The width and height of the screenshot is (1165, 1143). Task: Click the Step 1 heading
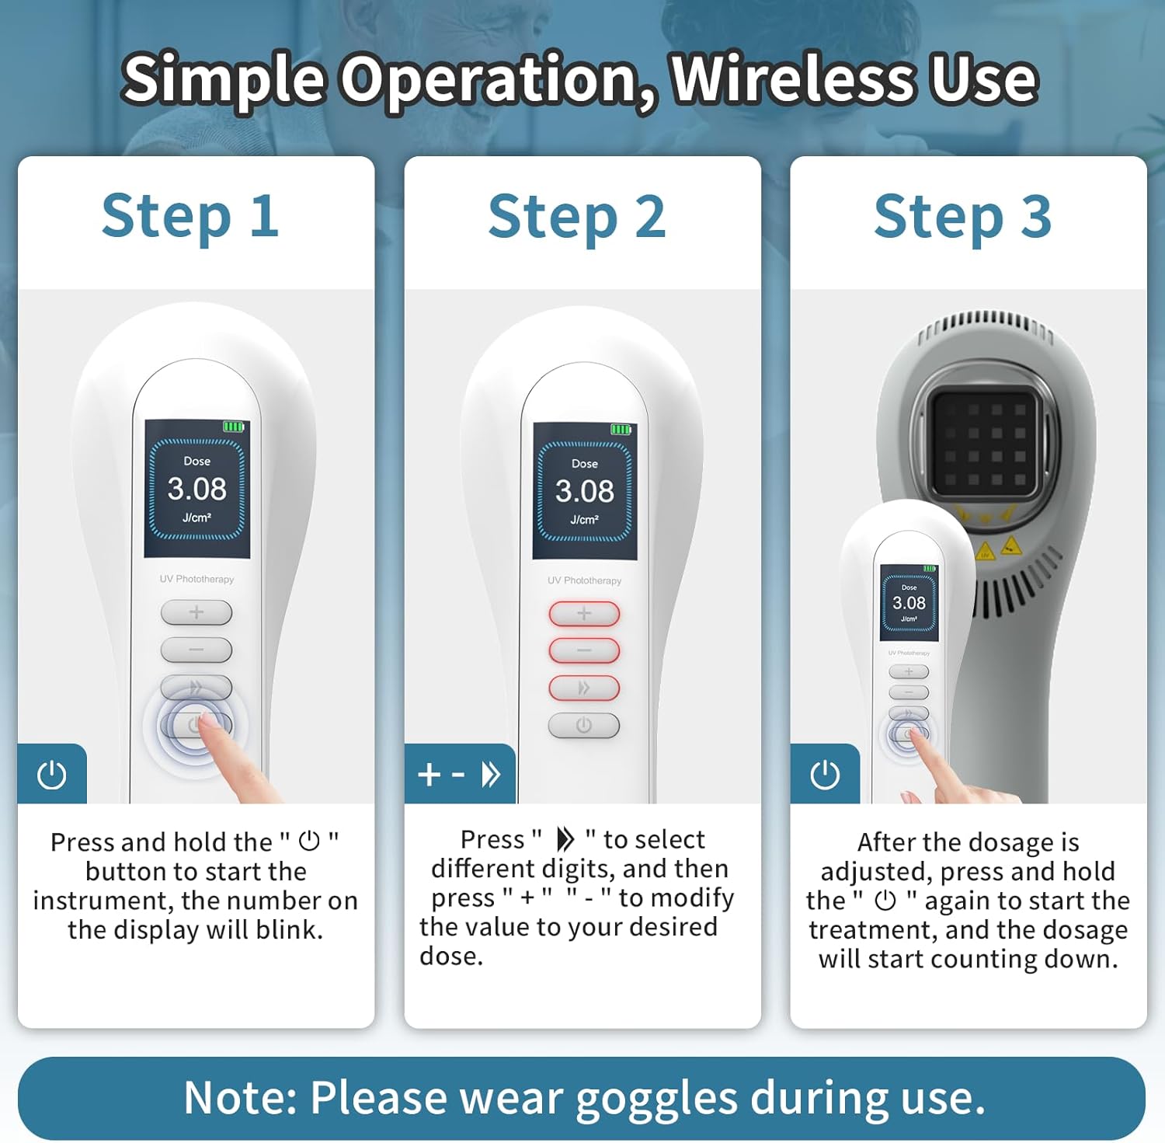pyautogui.click(x=190, y=216)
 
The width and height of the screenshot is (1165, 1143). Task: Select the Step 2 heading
pyautogui.click(x=577, y=217)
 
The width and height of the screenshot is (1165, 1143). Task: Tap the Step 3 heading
pyautogui.click(x=963, y=217)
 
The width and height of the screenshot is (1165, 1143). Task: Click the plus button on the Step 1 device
pyautogui.click(x=196, y=612)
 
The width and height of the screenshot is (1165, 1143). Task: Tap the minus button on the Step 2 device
pyautogui.click(x=584, y=650)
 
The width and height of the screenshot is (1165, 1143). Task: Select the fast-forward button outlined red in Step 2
pyautogui.click(x=584, y=688)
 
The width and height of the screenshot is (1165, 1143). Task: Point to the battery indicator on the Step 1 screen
pyautogui.click(x=234, y=426)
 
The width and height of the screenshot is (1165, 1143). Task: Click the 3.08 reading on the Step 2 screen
pyautogui.click(x=585, y=491)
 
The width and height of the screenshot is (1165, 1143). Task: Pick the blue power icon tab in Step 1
pyautogui.click(x=52, y=774)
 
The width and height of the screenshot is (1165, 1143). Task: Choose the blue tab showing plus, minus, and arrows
pyautogui.click(x=460, y=774)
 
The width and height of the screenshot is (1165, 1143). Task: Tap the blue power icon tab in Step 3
pyautogui.click(x=825, y=774)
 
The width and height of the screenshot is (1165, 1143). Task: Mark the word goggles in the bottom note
pyautogui.click(x=658, y=1099)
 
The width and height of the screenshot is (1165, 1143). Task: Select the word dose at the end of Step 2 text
pyautogui.click(x=451, y=956)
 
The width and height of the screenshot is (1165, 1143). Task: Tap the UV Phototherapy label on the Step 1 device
pyautogui.click(x=196, y=579)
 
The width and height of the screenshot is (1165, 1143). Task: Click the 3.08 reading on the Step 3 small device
pyautogui.click(x=909, y=603)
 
